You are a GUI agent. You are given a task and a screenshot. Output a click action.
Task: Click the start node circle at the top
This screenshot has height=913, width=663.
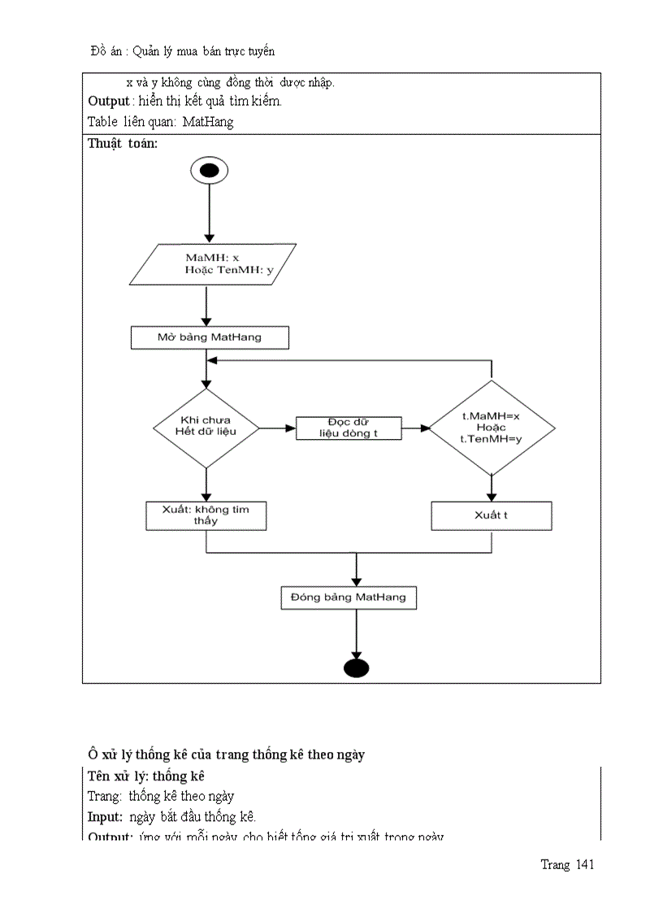point(209,171)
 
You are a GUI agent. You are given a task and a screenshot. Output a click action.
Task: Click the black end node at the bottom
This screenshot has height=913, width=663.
point(357,667)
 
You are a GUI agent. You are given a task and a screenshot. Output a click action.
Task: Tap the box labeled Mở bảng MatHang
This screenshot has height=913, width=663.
point(209,337)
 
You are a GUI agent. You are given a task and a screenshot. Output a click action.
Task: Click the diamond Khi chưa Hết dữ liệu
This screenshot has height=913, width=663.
point(206,427)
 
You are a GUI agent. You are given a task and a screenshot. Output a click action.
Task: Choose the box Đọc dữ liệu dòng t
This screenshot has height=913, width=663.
point(349,428)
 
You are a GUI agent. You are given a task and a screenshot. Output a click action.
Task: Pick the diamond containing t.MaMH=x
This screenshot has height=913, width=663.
point(492,427)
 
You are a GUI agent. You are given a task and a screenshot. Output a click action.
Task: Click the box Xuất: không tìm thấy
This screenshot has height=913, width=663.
point(206,515)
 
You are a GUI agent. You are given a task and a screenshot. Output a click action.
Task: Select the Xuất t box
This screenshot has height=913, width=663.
point(491,515)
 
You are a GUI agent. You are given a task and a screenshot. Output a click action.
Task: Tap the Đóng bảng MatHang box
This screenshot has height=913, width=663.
point(349,598)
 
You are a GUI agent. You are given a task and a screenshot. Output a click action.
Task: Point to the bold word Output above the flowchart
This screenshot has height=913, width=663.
point(108,102)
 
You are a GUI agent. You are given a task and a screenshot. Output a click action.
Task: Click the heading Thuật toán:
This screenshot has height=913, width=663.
point(123,144)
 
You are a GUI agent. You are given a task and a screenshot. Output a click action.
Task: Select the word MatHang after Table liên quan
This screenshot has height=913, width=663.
point(208,122)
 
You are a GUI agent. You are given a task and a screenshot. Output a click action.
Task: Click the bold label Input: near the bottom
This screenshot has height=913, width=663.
point(105,817)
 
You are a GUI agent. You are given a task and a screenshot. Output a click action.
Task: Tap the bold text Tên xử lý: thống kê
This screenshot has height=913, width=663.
point(145,776)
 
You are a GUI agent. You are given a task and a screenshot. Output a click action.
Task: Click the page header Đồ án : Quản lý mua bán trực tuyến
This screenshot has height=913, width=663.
point(183,51)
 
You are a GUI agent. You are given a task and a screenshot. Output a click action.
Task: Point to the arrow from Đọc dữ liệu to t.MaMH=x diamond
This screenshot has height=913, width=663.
point(415,428)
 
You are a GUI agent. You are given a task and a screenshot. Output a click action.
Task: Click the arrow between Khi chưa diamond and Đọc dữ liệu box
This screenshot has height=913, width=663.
point(277,428)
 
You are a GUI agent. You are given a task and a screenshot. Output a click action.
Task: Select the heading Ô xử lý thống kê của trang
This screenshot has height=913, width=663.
point(227,754)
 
